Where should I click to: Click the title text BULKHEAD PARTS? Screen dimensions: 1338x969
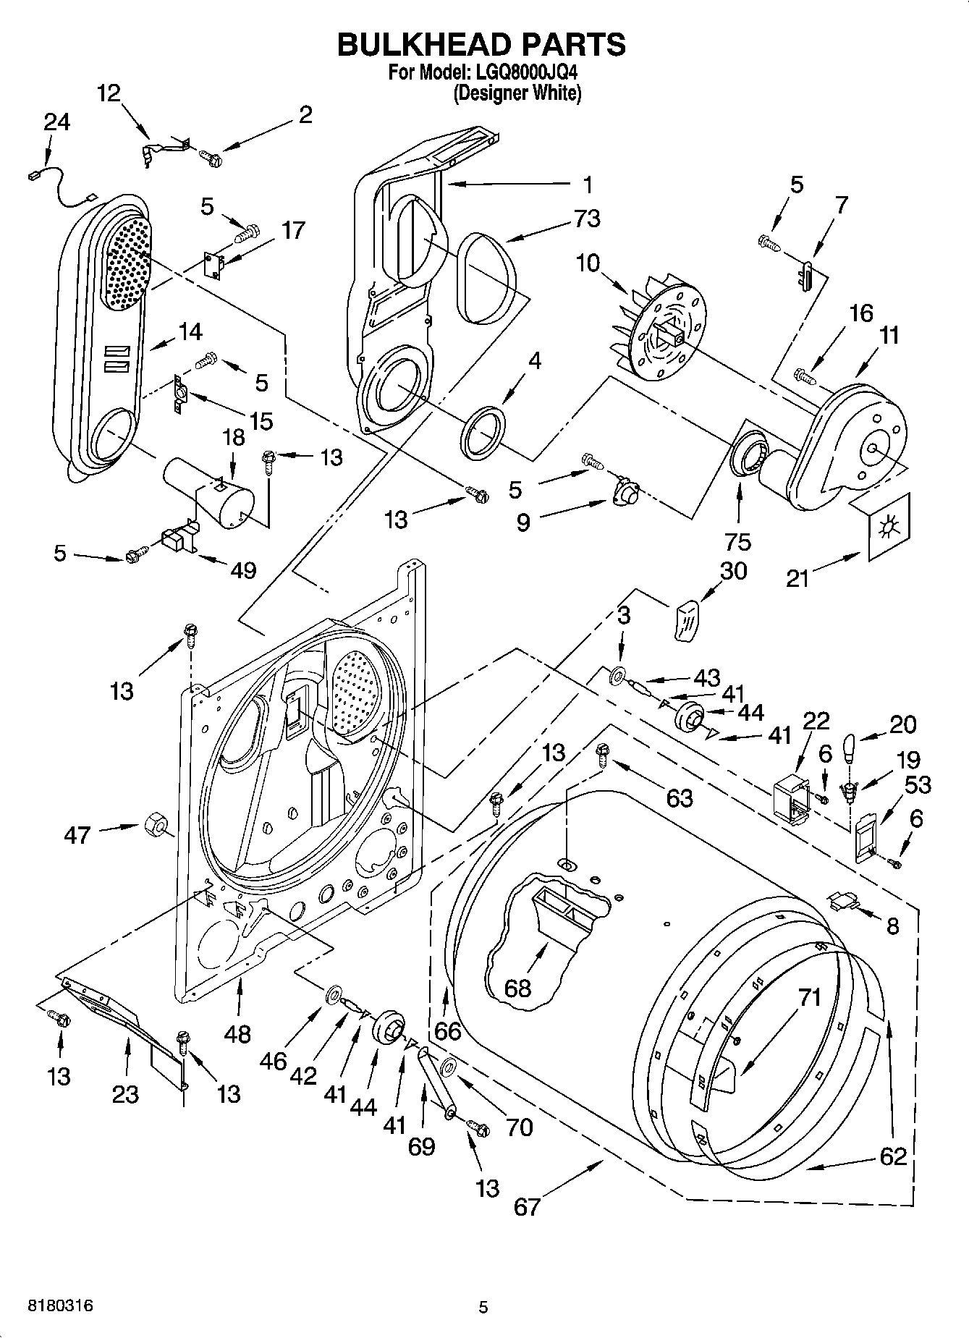coord(481,45)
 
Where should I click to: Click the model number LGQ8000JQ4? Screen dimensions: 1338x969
coord(526,73)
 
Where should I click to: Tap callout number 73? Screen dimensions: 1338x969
coord(586,218)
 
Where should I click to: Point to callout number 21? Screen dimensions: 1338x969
coord(797,578)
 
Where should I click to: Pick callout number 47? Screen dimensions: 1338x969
coord(77,835)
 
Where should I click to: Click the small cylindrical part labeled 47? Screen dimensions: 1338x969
coord(155,824)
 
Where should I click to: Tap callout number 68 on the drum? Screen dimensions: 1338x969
coord(518,988)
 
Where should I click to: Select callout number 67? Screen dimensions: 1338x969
coord(527,1206)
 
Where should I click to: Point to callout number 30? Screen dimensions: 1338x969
coord(733,571)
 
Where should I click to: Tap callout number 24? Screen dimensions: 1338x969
coord(56,122)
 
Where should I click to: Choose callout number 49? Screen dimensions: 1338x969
coord(243,570)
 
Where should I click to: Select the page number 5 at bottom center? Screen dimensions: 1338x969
coord(483,1307)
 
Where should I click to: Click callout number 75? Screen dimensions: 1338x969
coord(739,541)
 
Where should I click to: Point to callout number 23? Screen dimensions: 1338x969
coord(125,1093)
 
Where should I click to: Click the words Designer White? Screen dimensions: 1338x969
coord(517,93)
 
